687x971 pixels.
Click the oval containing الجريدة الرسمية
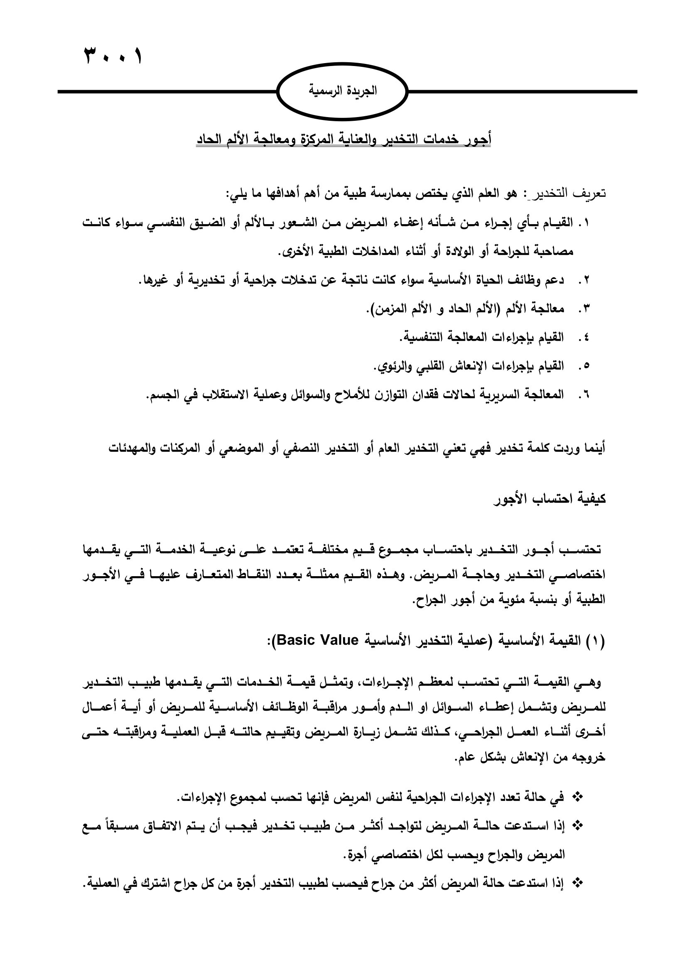click(342, 91)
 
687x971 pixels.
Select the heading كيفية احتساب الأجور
click(550, 499)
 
